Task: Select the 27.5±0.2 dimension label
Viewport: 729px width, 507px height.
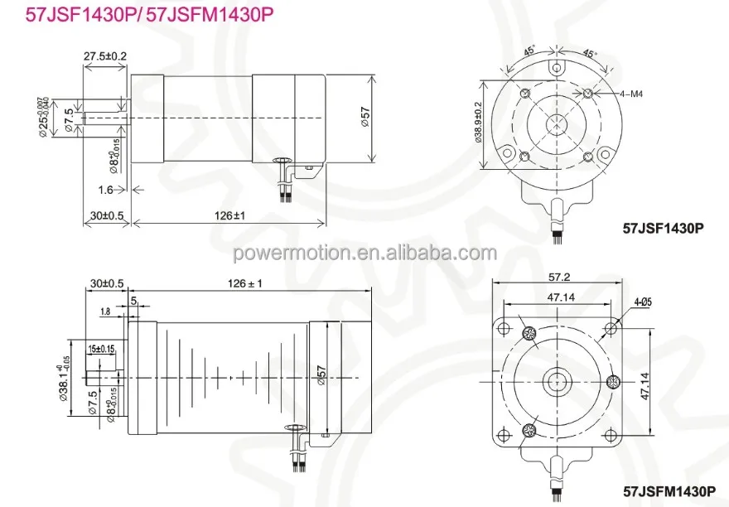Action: tap(104, 56)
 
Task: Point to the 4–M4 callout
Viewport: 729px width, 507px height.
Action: tap(631, 94)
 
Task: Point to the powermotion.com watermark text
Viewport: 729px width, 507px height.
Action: tap(364, 253)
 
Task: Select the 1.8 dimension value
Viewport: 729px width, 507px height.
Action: tap(104, 311)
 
